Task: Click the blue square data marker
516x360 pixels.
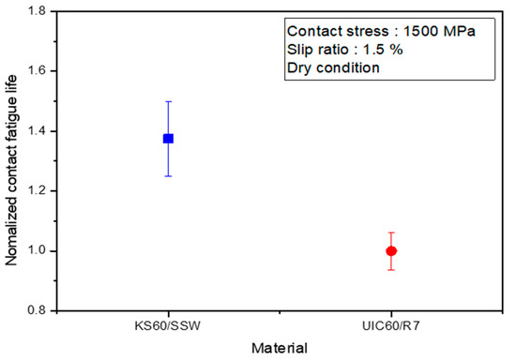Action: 168,138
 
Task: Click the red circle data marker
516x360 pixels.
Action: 391,250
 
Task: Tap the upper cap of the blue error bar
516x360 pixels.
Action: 168,101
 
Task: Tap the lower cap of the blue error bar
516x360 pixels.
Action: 168,175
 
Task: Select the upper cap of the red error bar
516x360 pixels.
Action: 391,232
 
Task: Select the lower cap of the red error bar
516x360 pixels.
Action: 391,270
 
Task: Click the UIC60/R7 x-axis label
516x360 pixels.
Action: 391,325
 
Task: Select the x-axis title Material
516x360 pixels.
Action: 280,348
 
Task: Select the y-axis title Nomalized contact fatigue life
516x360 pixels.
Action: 13,160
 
